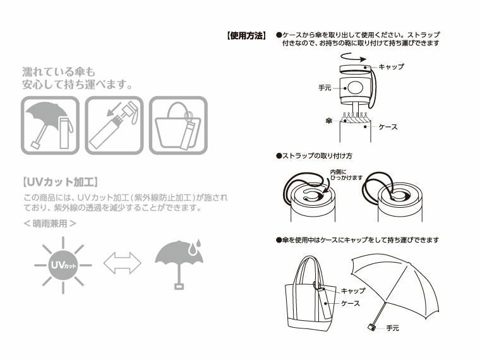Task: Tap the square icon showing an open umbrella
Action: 51,126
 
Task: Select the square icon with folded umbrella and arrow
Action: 114,126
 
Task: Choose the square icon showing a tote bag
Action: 177,126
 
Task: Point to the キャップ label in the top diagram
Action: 391,66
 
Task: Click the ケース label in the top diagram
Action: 388,127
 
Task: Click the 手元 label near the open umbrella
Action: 392,328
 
